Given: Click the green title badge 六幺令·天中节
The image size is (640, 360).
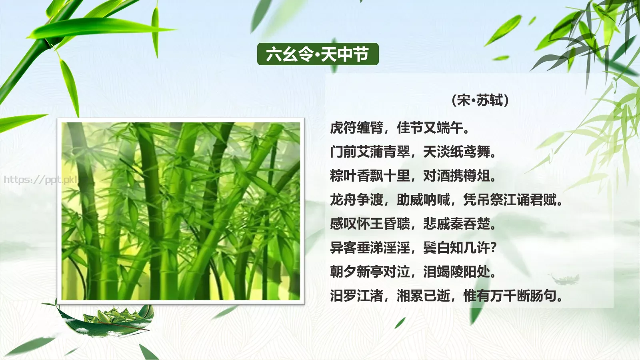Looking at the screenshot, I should [318, 54].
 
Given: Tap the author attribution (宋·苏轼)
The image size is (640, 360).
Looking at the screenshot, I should [480, 100].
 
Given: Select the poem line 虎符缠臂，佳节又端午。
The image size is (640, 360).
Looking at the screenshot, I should [400, 128].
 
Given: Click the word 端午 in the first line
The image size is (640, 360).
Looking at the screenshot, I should [450, 128].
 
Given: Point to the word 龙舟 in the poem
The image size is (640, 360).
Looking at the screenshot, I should [343, 200].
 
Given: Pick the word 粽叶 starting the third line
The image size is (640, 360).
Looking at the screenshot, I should [343, 176].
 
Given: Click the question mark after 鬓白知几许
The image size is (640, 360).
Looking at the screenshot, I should [493, 248].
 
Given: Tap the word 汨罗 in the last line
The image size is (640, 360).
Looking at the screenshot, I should [343, 296].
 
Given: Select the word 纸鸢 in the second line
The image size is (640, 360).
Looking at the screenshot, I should [463, 152].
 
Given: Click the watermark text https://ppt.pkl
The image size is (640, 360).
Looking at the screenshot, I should [40, 179].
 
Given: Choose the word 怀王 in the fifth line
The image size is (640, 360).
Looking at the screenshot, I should [370, 224].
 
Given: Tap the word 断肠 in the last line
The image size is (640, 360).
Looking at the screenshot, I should [530, 296].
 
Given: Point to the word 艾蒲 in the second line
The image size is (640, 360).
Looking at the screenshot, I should [370, 152].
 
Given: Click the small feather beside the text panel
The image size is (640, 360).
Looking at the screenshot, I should [566, 278].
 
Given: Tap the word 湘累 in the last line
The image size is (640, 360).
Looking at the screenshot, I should [410, 296].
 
